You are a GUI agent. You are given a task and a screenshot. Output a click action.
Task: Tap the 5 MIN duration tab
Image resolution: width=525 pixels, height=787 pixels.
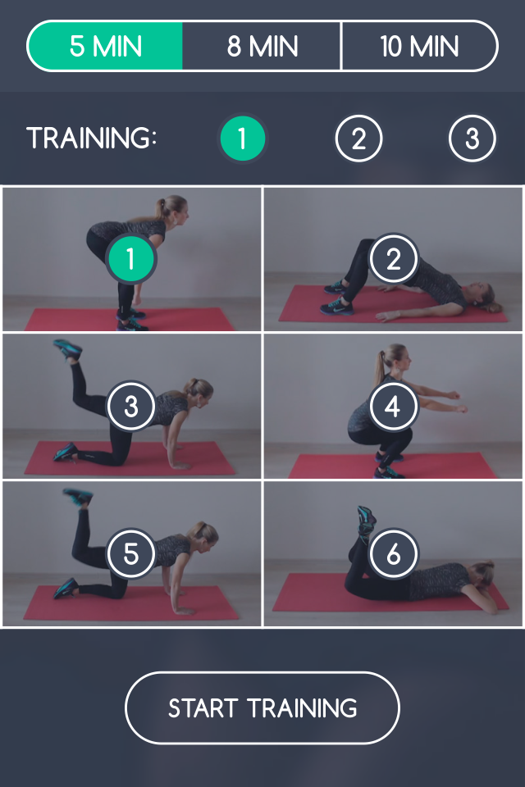point(106,46)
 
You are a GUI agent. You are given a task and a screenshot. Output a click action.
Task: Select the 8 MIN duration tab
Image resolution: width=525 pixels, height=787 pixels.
point(262,46)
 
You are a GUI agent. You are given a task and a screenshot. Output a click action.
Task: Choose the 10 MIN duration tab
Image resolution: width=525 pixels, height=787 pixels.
point(418,46)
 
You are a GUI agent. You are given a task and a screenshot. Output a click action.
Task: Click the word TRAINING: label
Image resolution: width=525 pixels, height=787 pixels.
point(91,139)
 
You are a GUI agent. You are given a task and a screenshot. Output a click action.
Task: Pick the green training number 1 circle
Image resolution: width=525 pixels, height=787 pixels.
point(242,139)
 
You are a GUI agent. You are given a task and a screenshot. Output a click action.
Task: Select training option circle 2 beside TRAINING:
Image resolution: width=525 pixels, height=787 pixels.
point(358,139)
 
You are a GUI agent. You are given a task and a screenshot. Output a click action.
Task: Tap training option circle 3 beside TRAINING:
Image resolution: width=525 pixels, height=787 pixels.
point(472,139)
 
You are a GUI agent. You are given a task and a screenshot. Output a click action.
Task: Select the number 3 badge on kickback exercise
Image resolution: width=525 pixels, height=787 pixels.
point(130,407)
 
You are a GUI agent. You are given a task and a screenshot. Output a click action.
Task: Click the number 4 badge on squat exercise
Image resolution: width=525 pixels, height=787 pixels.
point(393,407)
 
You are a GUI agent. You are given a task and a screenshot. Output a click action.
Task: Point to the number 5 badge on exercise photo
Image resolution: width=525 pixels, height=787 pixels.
point(130,554)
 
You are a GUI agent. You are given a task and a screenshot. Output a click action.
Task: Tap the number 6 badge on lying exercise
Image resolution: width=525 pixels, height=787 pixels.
point(393,554)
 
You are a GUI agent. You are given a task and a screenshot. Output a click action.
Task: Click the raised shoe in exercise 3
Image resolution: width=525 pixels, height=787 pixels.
point(67,348)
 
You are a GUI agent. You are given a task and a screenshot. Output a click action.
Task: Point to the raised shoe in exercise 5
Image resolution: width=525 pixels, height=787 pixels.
point(77,496)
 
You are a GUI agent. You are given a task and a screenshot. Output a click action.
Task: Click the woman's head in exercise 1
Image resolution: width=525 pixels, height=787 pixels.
point(174,208)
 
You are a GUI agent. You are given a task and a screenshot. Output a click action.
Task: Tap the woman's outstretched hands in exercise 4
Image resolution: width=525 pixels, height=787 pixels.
point(456,405)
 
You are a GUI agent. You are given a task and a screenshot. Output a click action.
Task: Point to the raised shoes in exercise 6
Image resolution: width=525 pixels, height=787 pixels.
point(365,518)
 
